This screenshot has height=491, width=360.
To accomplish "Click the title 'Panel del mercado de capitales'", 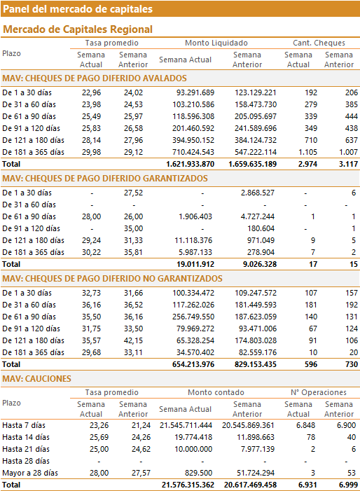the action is tap(78, 9).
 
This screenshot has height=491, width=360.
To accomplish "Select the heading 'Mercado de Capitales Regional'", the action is tap(78, 29).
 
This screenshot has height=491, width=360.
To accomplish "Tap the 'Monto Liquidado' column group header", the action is tap(216, 43).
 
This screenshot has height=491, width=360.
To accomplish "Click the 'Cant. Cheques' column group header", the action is tap(319, 43).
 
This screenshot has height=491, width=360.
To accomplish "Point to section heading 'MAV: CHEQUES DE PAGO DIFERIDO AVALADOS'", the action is tap(95, 78).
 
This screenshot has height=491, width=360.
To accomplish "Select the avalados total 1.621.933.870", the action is tap(191, 164).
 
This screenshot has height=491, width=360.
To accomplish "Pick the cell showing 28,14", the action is tap(92, 140).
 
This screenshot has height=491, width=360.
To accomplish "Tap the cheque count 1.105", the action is tap(307, 152).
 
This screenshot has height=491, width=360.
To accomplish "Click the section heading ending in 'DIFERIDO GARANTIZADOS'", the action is tap(105, 179).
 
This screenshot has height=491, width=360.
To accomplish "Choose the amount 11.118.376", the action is tap(193, 240).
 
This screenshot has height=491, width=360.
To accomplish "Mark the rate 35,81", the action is tap(133, 252).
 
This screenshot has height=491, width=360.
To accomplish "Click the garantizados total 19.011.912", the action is tap(195, 264).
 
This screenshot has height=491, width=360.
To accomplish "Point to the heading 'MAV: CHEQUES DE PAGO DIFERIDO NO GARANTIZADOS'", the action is tap(112, 279).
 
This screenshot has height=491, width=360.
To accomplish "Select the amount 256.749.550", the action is tap(193, 317).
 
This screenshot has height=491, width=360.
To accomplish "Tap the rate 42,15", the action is tap(133, 340).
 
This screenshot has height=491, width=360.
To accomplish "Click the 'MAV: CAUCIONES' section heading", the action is tap(36, 379).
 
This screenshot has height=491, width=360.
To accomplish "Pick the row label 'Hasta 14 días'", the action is tap(26, 438).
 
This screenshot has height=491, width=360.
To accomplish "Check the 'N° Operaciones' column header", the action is tap(319, 392).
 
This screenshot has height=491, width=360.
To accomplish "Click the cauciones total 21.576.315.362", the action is tap(188, 485).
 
